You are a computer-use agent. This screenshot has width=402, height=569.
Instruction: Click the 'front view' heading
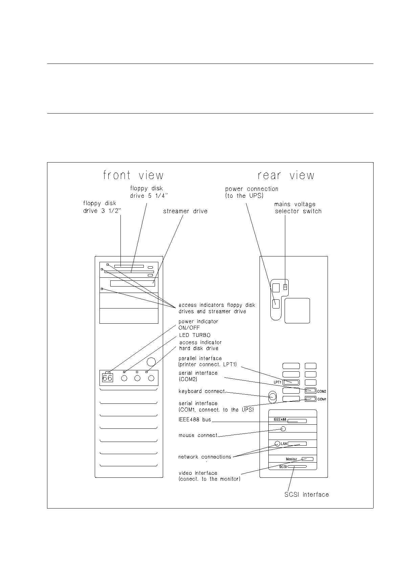(133, 175)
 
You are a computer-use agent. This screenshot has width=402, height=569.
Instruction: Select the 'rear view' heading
(286, 175)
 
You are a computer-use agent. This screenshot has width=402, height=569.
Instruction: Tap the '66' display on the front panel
(107, 378)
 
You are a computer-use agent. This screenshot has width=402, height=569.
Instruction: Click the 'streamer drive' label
(185, 211)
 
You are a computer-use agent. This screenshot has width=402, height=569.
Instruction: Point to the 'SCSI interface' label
(307, 495)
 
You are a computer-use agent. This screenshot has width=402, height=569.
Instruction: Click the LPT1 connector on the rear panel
(291, 382)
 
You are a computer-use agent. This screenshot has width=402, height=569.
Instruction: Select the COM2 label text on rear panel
(321, 391)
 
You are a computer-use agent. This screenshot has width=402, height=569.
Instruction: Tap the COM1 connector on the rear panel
(310, 399)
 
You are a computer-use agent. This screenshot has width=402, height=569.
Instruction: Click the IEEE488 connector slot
(297, 421)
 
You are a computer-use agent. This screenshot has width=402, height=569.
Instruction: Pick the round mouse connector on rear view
(283, 429)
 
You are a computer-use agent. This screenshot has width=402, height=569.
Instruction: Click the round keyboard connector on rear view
(272, 397)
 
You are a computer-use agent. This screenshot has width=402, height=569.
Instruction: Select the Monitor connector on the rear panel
(308, 459)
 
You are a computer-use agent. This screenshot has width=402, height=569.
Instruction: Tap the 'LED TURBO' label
(195, 335)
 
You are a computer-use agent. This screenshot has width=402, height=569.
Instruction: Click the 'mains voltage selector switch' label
(298, 208)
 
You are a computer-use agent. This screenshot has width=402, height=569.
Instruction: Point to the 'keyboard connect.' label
(202, 391)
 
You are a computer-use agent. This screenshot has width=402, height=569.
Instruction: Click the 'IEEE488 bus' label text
(195, 420)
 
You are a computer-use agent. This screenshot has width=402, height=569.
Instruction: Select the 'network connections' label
(204, 457)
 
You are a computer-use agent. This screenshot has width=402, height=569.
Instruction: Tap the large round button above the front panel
(151, 362)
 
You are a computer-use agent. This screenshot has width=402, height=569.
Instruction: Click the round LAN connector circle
(277, 444)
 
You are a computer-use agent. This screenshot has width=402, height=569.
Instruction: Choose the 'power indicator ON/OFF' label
(198, 324)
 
